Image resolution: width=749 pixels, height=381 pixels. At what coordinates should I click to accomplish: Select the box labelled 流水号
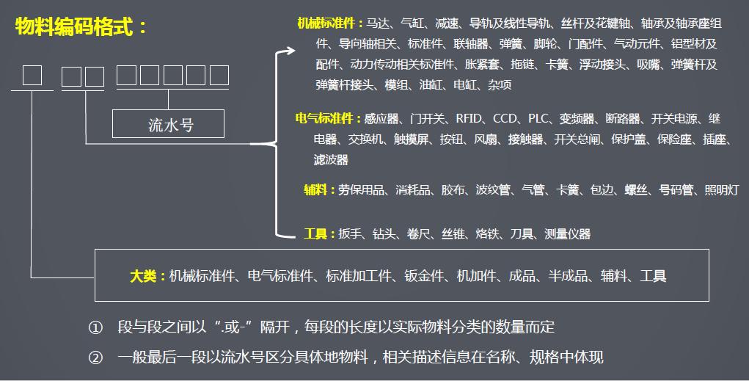pyautogui.click(x=167, y=125)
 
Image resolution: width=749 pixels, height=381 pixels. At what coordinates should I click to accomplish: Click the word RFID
pyautogui.click(x=470, y=118)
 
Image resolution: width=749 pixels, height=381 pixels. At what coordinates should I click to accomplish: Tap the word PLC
pyautogui.click(x=539, y=118)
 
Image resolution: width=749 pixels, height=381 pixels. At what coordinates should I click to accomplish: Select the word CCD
pyautogui.click(x=505, y=118)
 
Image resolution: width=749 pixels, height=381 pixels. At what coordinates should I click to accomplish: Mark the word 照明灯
pyautogui.click(x=721, y=190)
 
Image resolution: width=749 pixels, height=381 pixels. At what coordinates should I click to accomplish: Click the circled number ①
pyautogui.click(x=95, y=327)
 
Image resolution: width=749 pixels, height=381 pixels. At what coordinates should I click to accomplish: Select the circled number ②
pyautogui.click(x=95, y=358)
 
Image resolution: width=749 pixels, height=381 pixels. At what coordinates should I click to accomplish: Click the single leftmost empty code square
pyautogui.click(x=32, y=76)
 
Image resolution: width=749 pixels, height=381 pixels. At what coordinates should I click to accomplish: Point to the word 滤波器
pyautogui.click(x=331, y=159)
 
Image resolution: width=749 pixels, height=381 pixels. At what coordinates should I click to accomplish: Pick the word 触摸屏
pyautogui.click(x=411, y=139)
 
